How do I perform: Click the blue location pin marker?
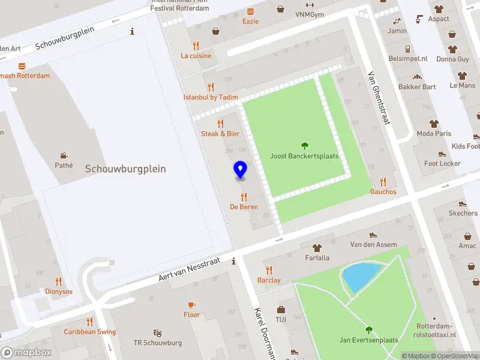[x=241, y=169]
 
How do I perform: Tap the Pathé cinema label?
[x=63, y=165]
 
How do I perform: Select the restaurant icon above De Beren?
[x=244, y=197]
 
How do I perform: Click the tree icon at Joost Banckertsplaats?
[x=304, y=145]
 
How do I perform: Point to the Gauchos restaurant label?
[x=383, y=191]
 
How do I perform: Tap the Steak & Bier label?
[x=220, y=134]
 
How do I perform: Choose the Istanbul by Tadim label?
[x=211, y=97]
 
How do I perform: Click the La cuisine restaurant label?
[x=196, y=56]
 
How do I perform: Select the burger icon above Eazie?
[x=250, y=11]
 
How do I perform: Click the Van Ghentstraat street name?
[x=379, y=98]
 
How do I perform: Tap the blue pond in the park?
[x=359, y=276]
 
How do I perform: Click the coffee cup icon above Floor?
[x=191, y=305]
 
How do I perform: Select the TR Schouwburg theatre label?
[x=157, y=343]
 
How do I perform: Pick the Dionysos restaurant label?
[x=58, y=292]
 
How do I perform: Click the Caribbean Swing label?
[x=90, y=332]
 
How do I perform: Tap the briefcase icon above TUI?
[x=281, y=310]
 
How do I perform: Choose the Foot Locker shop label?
[x=442, y=163]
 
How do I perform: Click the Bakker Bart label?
[x=417, y=86]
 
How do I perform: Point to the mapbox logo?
[x=26, y=353]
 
